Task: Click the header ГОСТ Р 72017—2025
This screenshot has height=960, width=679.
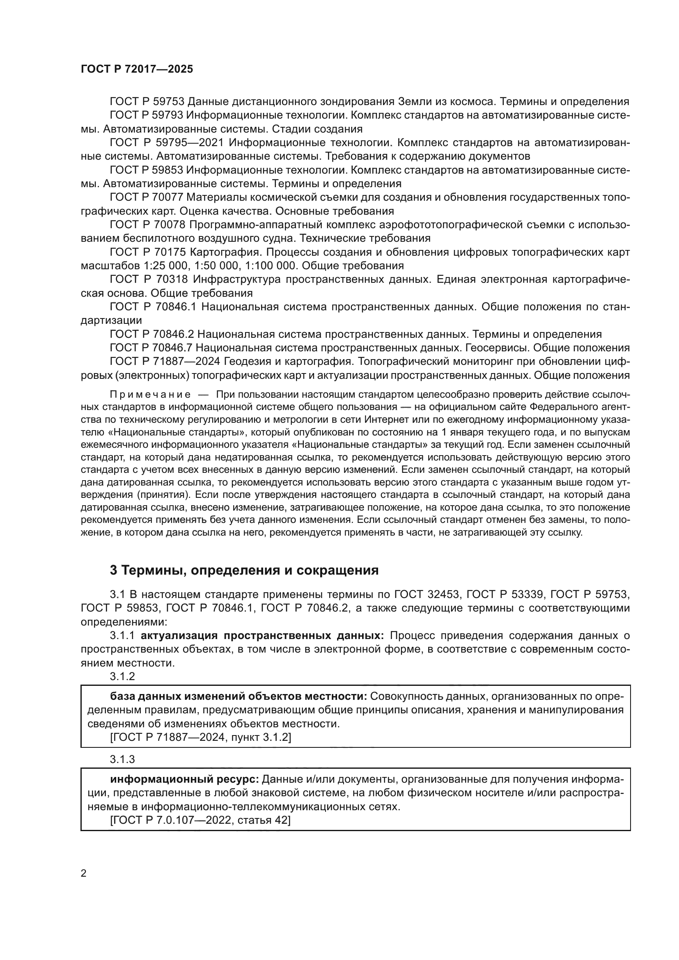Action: pyautogui.click(x=137, y=69)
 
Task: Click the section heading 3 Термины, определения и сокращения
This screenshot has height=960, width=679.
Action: pyautogui.click(x=244, y=571)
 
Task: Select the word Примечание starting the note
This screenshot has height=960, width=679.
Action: pyautogui.click(x=150, y=395)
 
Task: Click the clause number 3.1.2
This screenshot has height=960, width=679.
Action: pyautogui.click(x=122, y=676)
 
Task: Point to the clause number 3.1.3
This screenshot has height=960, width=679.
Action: pyautogui.click(x=122, y=759)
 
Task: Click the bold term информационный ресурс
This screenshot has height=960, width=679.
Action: pyautogui.click(x=184, y=779)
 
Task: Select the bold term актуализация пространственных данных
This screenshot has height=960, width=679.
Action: pyautogui.click(x=262, y=636)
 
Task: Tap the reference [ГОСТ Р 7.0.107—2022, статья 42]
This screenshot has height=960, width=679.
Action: pyautogui.click(x=200, y=820)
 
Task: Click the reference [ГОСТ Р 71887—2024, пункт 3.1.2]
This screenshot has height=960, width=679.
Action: pyautogui.click(x=200, y=737)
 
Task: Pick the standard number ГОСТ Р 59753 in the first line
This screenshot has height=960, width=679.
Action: pyautogui.click(x=147, y=102)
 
